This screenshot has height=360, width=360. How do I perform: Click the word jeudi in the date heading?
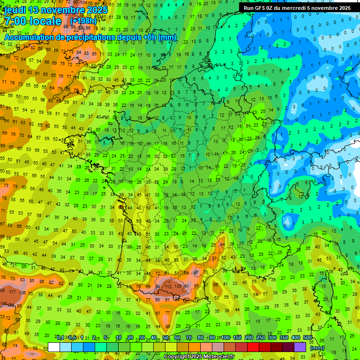click(x=15, y=10)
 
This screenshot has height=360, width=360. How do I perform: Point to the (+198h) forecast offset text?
click(x=83, y=22)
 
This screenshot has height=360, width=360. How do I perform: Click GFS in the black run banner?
click(x=262, y=7)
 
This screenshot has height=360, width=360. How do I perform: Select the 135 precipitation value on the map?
click(x=177, y=286)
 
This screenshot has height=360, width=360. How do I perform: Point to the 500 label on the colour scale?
click(x=307, y=338)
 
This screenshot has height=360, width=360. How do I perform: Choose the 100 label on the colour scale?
click(x=225, y=338)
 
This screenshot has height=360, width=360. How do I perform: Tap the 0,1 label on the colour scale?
click(x=60, y=338)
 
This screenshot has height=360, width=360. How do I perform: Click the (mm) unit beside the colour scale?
click(x=317, y=348)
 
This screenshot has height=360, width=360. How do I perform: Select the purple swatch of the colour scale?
click(x=300, y=347)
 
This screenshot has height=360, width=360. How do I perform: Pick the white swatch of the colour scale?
click(x=54, y=347)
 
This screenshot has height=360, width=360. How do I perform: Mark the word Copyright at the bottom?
click(x=178, y=357)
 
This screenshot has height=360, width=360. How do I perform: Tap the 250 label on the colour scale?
click(x=260, y=338)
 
